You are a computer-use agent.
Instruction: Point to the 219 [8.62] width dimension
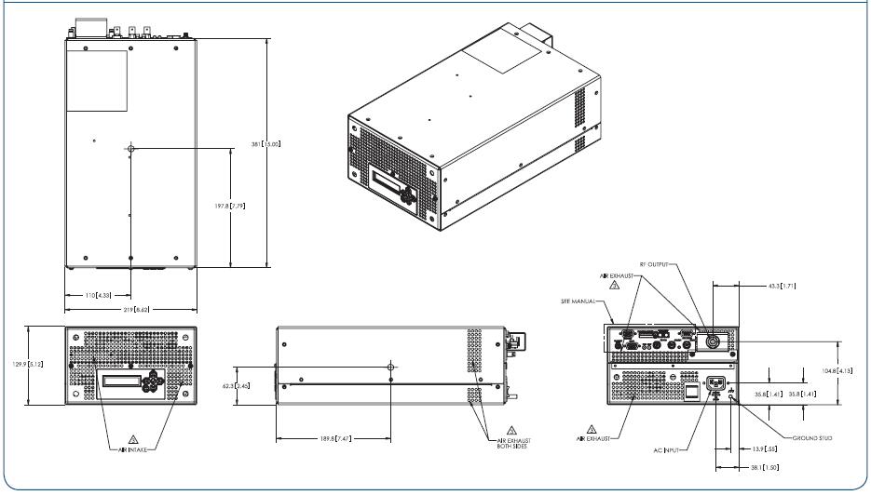coord(131,308)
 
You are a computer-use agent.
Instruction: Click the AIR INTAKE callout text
coord(130,448)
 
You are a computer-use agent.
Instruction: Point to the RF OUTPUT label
coord(650,265)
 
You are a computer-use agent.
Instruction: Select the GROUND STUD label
coord(811,436)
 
